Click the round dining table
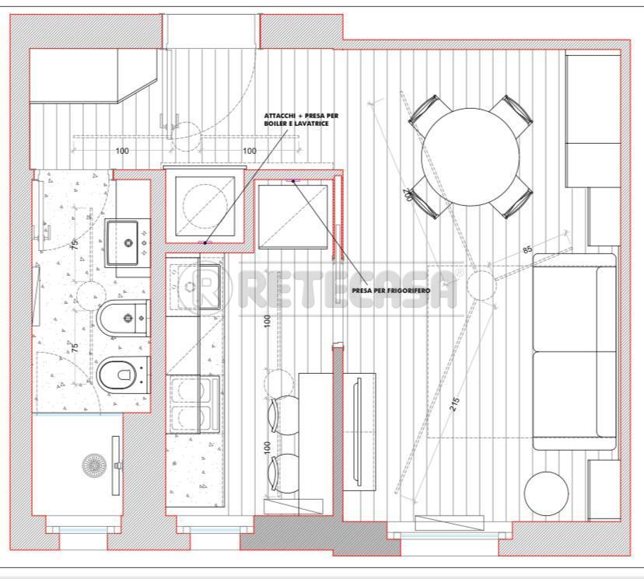coord(471,157)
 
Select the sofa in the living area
coord(575,351)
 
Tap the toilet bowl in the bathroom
coord(123,375)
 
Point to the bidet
coord(123,318)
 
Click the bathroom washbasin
coord(128,243)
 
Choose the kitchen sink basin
coord(195,286)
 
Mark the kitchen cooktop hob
coord(193,404)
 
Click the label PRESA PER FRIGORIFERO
coord(391,290)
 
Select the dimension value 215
coord(455,405)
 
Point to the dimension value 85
coord(527,249)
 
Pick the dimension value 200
coord(408,194)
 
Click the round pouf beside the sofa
coord(547,494)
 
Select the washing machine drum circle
coord(205,205)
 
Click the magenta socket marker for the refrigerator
coord(293,180)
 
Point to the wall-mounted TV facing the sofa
coord(357,431)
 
